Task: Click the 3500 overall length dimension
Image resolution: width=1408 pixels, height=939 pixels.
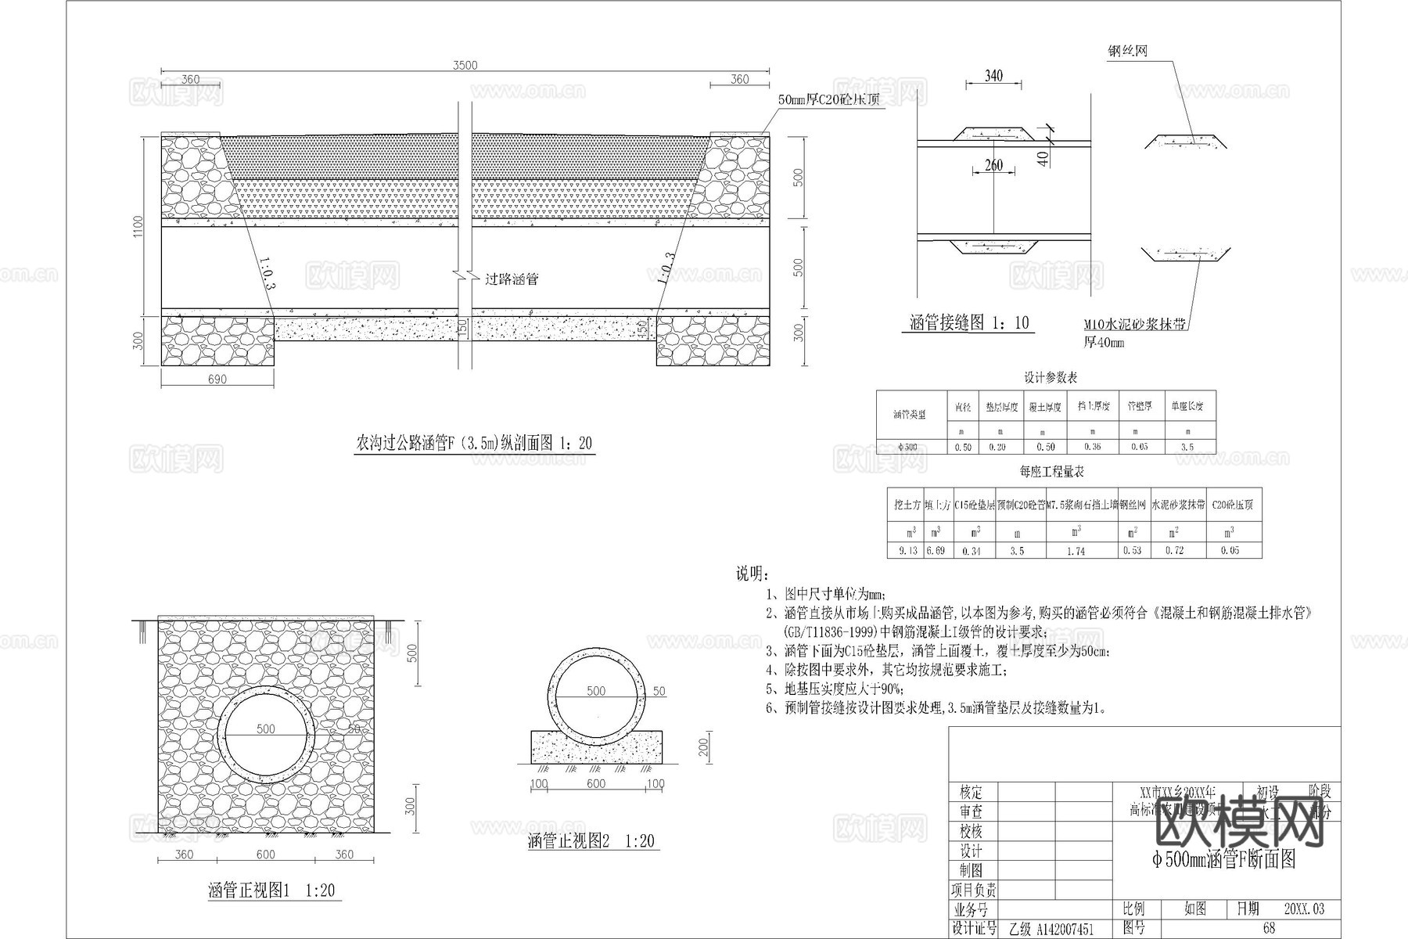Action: pyautogui.click(x=465, y=66)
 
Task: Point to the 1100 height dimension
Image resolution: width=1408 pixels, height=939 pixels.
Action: pyautogui.click(x=138, y=227)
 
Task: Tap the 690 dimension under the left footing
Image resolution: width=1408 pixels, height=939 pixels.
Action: pyautogui.click(x=217, y=380)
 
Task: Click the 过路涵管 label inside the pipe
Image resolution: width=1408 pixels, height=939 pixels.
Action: pyautogui.click(x=512, y=279)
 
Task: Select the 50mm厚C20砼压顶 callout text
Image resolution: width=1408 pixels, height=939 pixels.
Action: pyautogui.click(x=831, y=99)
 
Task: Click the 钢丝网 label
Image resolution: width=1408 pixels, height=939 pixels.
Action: pyautogui.click(x=1127, y=52)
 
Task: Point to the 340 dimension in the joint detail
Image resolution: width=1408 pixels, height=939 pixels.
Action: pyautogui.click(x=993, y=76)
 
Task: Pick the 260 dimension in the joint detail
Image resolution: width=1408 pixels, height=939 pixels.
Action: pyautogui.click(x=993, y=165)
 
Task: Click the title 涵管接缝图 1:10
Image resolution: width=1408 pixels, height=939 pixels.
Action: pyautogui.click(x=969, y=323)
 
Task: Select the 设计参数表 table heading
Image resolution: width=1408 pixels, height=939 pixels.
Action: pyautogui.click(x=1051, y=378)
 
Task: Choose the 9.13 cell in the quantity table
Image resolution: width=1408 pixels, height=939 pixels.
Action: pyautogui.click(x=907, y=550)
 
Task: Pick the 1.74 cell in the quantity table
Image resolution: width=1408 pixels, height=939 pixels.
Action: pyautogui.click(x=1076, y=551)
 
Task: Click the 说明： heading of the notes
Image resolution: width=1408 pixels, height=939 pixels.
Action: pyautogui.click(x=752, y=574)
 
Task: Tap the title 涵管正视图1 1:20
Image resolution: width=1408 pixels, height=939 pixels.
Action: pyautogui.click(x=271, y=890)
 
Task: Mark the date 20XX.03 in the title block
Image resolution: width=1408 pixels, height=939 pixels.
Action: pyautogui.click(x=1304, y=908)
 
